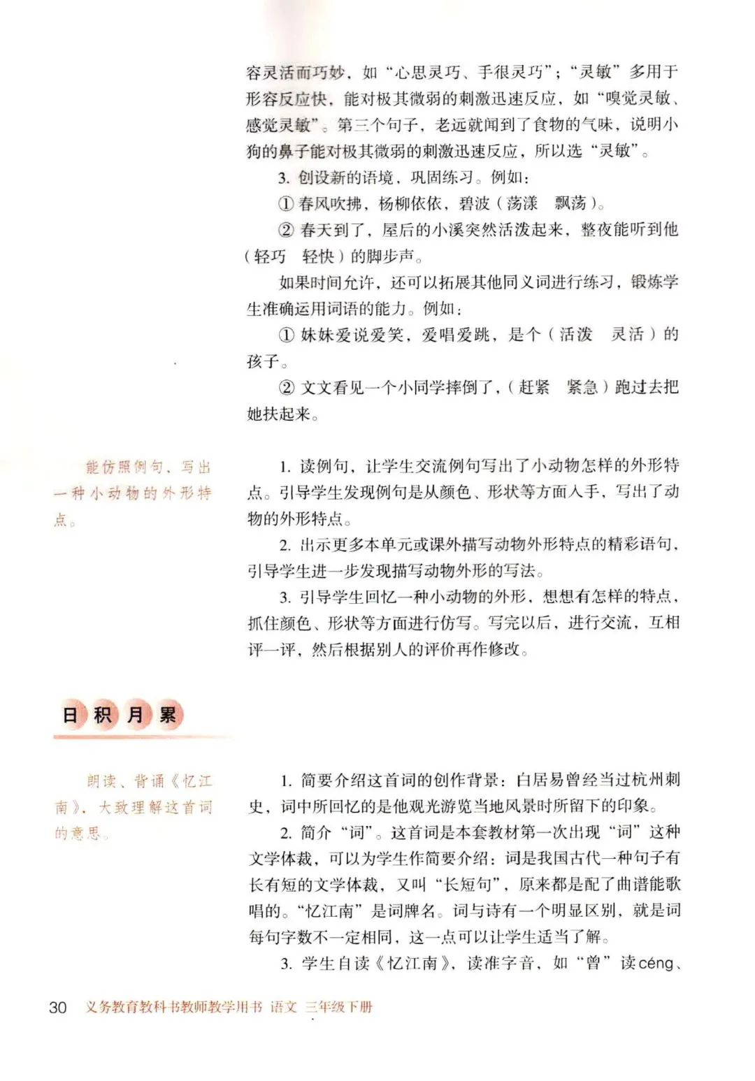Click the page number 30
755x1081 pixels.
point(58,1007)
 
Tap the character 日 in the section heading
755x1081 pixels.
point(70,714)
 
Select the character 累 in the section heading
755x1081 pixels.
point(168,714)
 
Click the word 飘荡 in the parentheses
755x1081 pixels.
point(570,203)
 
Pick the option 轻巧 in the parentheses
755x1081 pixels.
point(270,256)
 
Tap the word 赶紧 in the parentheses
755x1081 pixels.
point(534,387)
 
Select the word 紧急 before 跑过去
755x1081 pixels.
point(582,387)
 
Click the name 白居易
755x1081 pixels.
point(540,780)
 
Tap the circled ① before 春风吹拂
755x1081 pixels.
point(286,204)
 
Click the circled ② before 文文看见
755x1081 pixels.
point(287,388)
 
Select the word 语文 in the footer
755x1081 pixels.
point(284,1007)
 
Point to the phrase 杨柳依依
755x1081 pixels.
point(410,203)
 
